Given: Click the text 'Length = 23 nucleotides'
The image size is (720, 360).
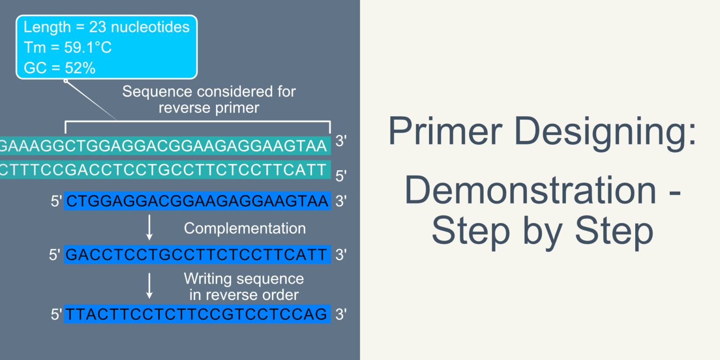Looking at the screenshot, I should tap(106, 27).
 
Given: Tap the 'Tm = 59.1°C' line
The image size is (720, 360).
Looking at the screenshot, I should tap(67, 48).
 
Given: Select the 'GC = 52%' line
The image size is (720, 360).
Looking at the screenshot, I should tap(60, 68).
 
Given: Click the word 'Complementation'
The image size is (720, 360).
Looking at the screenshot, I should tap(245, 228).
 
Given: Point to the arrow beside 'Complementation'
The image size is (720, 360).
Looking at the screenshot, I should tap(150, 228).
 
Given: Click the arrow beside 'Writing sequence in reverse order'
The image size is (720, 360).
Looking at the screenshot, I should tap(150, 286).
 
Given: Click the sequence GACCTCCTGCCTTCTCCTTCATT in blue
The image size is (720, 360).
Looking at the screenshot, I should tap(197, 255).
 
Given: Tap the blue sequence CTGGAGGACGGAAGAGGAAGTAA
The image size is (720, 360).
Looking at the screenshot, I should tap(197, 202).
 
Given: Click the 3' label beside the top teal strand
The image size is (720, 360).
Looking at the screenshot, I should tap(341, 142).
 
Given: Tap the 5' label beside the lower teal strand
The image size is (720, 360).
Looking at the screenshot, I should tap(341, 176).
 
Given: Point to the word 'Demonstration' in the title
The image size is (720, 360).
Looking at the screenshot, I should tap(530, 190).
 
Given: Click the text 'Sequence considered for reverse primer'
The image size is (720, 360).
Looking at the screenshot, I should tap(209, 99).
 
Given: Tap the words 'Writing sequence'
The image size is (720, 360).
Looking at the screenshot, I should tap(244, 279).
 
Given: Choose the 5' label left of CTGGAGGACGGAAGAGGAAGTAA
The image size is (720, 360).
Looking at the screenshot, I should tap(56, 202).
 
